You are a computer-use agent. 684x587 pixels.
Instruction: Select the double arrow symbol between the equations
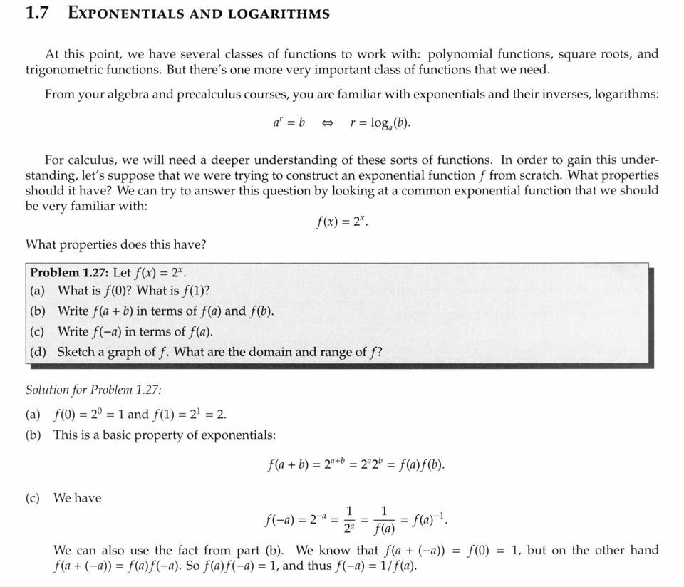click(327, 123)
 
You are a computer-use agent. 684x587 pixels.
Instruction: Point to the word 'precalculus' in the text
click(194, 94)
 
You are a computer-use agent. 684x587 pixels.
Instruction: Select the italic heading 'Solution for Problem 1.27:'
click(93, 390)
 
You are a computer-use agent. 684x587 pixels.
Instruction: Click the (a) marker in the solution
click(33, 414)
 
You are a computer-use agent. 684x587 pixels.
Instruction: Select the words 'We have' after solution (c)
click(78, 498)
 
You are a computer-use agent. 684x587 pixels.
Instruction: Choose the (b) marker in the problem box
click(38, 311)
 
